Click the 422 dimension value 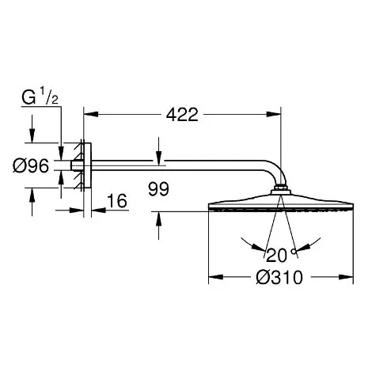click(182, 115)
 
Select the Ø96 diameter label click(31, 166)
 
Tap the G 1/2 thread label click(40, 97)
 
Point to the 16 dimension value click(117, 201)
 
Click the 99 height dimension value click(158, 189)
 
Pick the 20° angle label click(281, 255)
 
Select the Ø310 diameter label click(279, 278)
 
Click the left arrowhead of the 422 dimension click(91, 115)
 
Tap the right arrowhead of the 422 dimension click(274, 115)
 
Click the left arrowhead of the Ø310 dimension click(216, 277)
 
